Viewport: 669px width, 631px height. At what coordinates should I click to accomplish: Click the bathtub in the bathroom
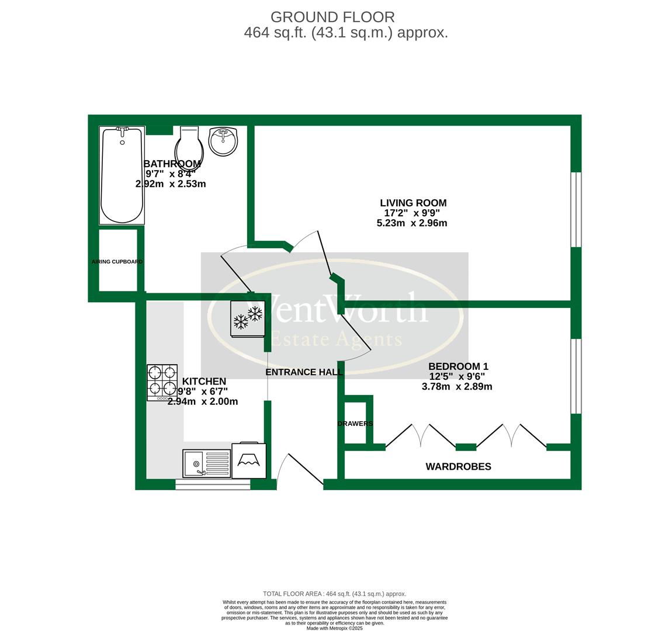pyautogui.click(x=122, y=175)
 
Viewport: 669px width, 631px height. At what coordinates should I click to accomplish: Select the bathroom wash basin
pyautogui.click(x=223, y=141)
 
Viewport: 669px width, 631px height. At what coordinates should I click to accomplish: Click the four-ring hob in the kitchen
pyautogui.click(x=162, y=382)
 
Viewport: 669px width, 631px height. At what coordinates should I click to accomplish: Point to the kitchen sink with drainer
pyautogui.click(x=207, y=463)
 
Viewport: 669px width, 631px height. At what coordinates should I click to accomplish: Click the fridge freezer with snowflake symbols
pyautogui.click(x=248, y=318)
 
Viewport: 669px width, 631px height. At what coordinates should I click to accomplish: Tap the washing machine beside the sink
pyautogui.click(x=249, y=460)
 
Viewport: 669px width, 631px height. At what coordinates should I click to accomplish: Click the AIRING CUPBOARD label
pyautogui.click(x=117, y=262)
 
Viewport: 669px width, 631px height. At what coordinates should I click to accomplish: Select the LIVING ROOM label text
pyautogui.click(x=413, y=203)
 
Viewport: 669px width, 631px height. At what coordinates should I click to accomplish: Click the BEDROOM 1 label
pyautogui.click(x=458, y=366)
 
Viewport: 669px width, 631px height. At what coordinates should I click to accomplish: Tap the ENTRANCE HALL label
pyautogui.click(x=304, y=372)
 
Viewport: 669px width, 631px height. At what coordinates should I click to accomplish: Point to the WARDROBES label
pyautogui.click(x=458, y=466)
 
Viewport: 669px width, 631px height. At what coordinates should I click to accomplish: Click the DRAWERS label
pyautogui.click(x=355, y=424)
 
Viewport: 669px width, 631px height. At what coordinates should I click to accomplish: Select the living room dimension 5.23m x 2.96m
pyautogui.click(x=412, y=223)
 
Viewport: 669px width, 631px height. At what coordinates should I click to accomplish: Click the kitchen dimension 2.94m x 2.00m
pyautogui.click(x=203, y=401)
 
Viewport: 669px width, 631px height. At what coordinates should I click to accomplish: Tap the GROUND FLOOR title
pyautogui.click(x=333, y=18)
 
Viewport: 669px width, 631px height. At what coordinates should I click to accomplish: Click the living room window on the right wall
pyautogui.click(x=576, y=209)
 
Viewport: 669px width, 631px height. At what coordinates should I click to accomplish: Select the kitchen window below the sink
pyautogui.click(x=213, y=484)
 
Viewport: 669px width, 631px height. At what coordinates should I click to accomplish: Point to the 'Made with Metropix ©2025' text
pyautogui.click(x=334, y=628)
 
